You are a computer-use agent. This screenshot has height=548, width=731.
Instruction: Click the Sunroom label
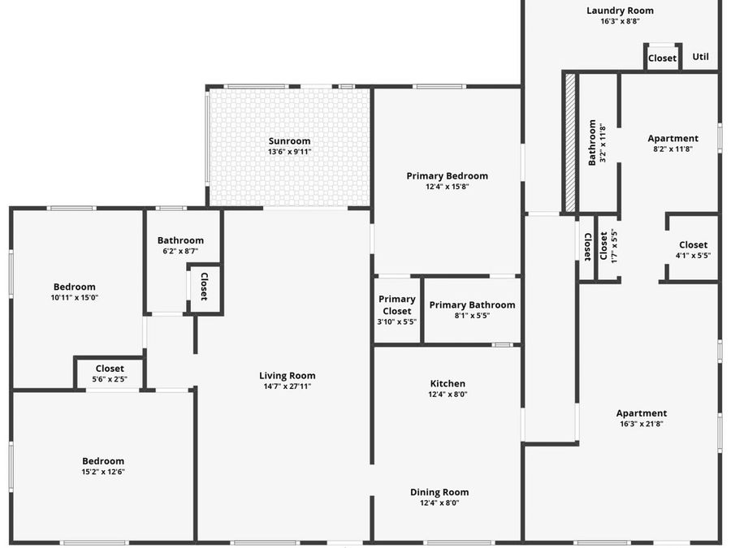pos(289,141)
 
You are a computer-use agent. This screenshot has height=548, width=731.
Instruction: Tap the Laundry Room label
pos(620,11)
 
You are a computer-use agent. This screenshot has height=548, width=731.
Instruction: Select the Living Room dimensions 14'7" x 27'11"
pos(287,386)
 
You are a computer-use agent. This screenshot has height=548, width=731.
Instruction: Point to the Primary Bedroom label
pos(447,175)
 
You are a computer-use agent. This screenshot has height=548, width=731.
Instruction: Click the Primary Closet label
pos(397,305)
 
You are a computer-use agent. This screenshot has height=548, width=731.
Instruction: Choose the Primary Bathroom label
pos(472,305)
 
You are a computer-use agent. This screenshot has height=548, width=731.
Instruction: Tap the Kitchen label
pos(448,383)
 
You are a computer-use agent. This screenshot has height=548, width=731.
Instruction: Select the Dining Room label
pos(439,492)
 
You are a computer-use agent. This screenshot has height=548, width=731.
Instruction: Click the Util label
pos(700,57)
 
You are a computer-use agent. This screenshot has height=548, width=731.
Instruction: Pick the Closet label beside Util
pos(662,58)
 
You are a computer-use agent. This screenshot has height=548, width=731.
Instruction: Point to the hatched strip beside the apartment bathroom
pos(570,143)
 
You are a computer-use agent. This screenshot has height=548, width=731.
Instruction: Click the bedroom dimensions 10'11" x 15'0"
pos(75,297)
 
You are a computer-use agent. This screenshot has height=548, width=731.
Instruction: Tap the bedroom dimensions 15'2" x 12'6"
pos(102,472)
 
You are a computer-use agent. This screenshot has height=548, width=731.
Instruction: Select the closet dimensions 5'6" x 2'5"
pos(110,378)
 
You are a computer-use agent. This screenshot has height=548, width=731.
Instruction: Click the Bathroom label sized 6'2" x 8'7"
pos(180,240)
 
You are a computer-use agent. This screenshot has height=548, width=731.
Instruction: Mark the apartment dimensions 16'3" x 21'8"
pos(641,424)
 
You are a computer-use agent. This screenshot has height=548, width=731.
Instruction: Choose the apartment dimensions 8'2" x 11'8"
pos(673,149)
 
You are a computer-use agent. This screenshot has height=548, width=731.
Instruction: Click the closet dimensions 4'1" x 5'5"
pos(693,255)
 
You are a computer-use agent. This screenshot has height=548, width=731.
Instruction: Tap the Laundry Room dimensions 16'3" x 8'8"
pos(620,21)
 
